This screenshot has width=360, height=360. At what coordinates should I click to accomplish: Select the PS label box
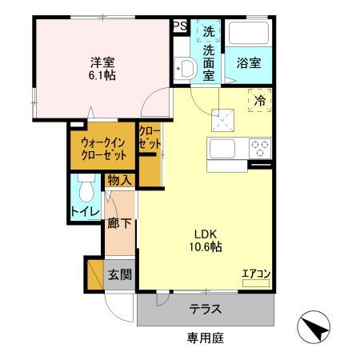[180, 26]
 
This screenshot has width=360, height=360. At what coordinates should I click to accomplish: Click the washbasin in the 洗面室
[185, 66]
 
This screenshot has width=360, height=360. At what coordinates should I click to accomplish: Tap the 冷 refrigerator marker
[260, 101]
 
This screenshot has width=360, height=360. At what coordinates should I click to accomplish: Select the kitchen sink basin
[220, 149]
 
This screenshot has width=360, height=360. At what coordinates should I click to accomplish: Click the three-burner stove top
[260, 149]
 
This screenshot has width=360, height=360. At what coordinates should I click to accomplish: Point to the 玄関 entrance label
[120, 275]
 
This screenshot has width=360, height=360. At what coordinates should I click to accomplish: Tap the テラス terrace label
[205, 310]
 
